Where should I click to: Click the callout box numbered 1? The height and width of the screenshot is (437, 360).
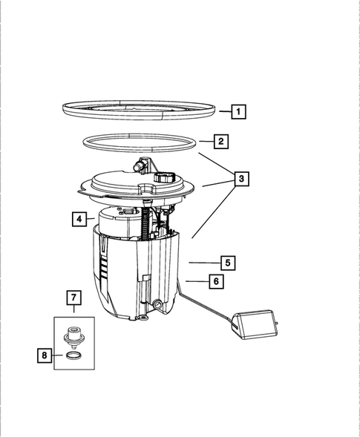(238, 112)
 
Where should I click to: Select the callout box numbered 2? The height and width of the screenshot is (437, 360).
(220, 140)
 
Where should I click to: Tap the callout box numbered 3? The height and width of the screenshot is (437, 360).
(240, 179)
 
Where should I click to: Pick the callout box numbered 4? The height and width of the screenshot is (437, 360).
(78, 219)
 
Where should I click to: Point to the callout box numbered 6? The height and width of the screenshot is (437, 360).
(215, 281)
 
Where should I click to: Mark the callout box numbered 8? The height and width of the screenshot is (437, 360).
(46, 356)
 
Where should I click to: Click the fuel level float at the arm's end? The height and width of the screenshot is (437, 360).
(253, 325)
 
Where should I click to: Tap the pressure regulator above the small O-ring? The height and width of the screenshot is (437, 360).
(73, 335)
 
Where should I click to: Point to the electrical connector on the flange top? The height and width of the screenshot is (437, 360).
(166, 179)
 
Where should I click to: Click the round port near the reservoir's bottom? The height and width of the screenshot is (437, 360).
(158, 305)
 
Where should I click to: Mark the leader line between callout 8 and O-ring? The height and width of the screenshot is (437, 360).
(59, 356)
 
